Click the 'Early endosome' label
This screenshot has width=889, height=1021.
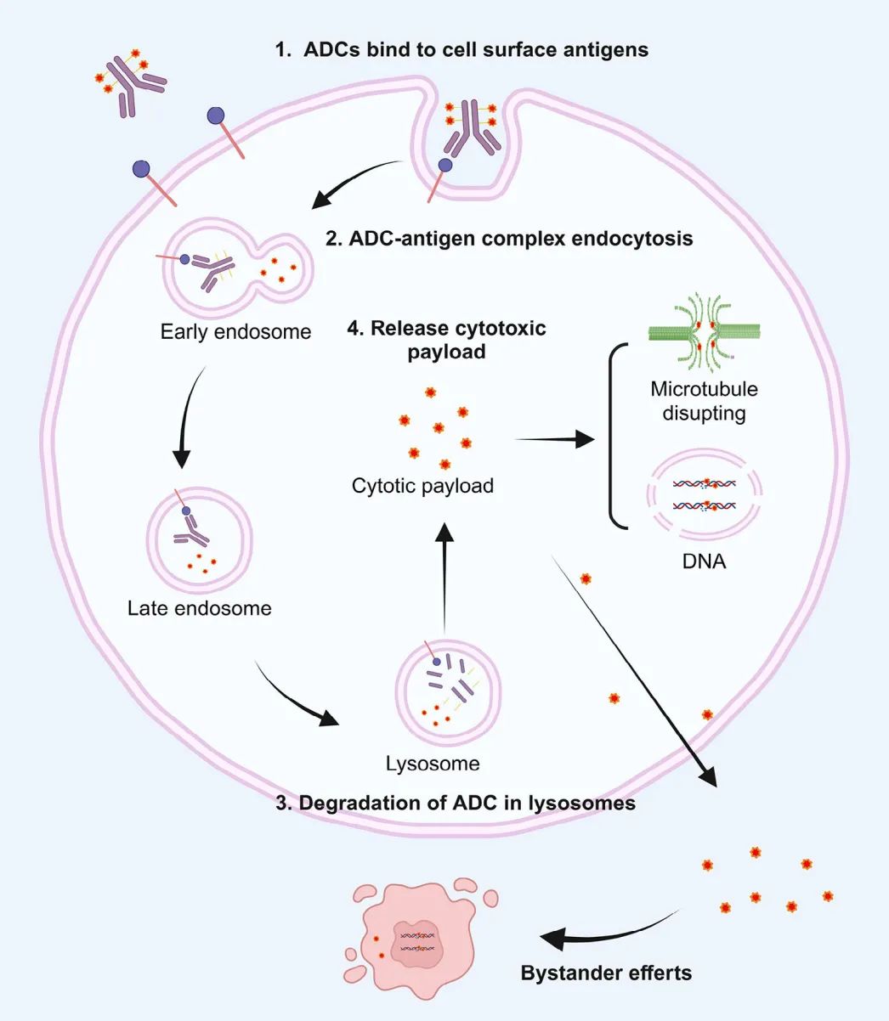pos(235,332)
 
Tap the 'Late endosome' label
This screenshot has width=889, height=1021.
pos(200,608)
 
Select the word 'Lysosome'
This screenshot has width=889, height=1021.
pos(433,764)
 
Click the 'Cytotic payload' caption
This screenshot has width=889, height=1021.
pos(422,486)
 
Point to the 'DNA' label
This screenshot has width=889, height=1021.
pos(704,562)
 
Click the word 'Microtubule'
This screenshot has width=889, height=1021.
pos(704,389)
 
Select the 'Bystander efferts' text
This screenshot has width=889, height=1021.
pos(606,973)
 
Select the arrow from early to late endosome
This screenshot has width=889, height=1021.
pos(185,417)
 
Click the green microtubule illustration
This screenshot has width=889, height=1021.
pos(704,333)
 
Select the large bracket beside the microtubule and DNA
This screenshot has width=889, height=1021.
pos(611,436)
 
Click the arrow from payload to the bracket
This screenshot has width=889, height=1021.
pos(554,439)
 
